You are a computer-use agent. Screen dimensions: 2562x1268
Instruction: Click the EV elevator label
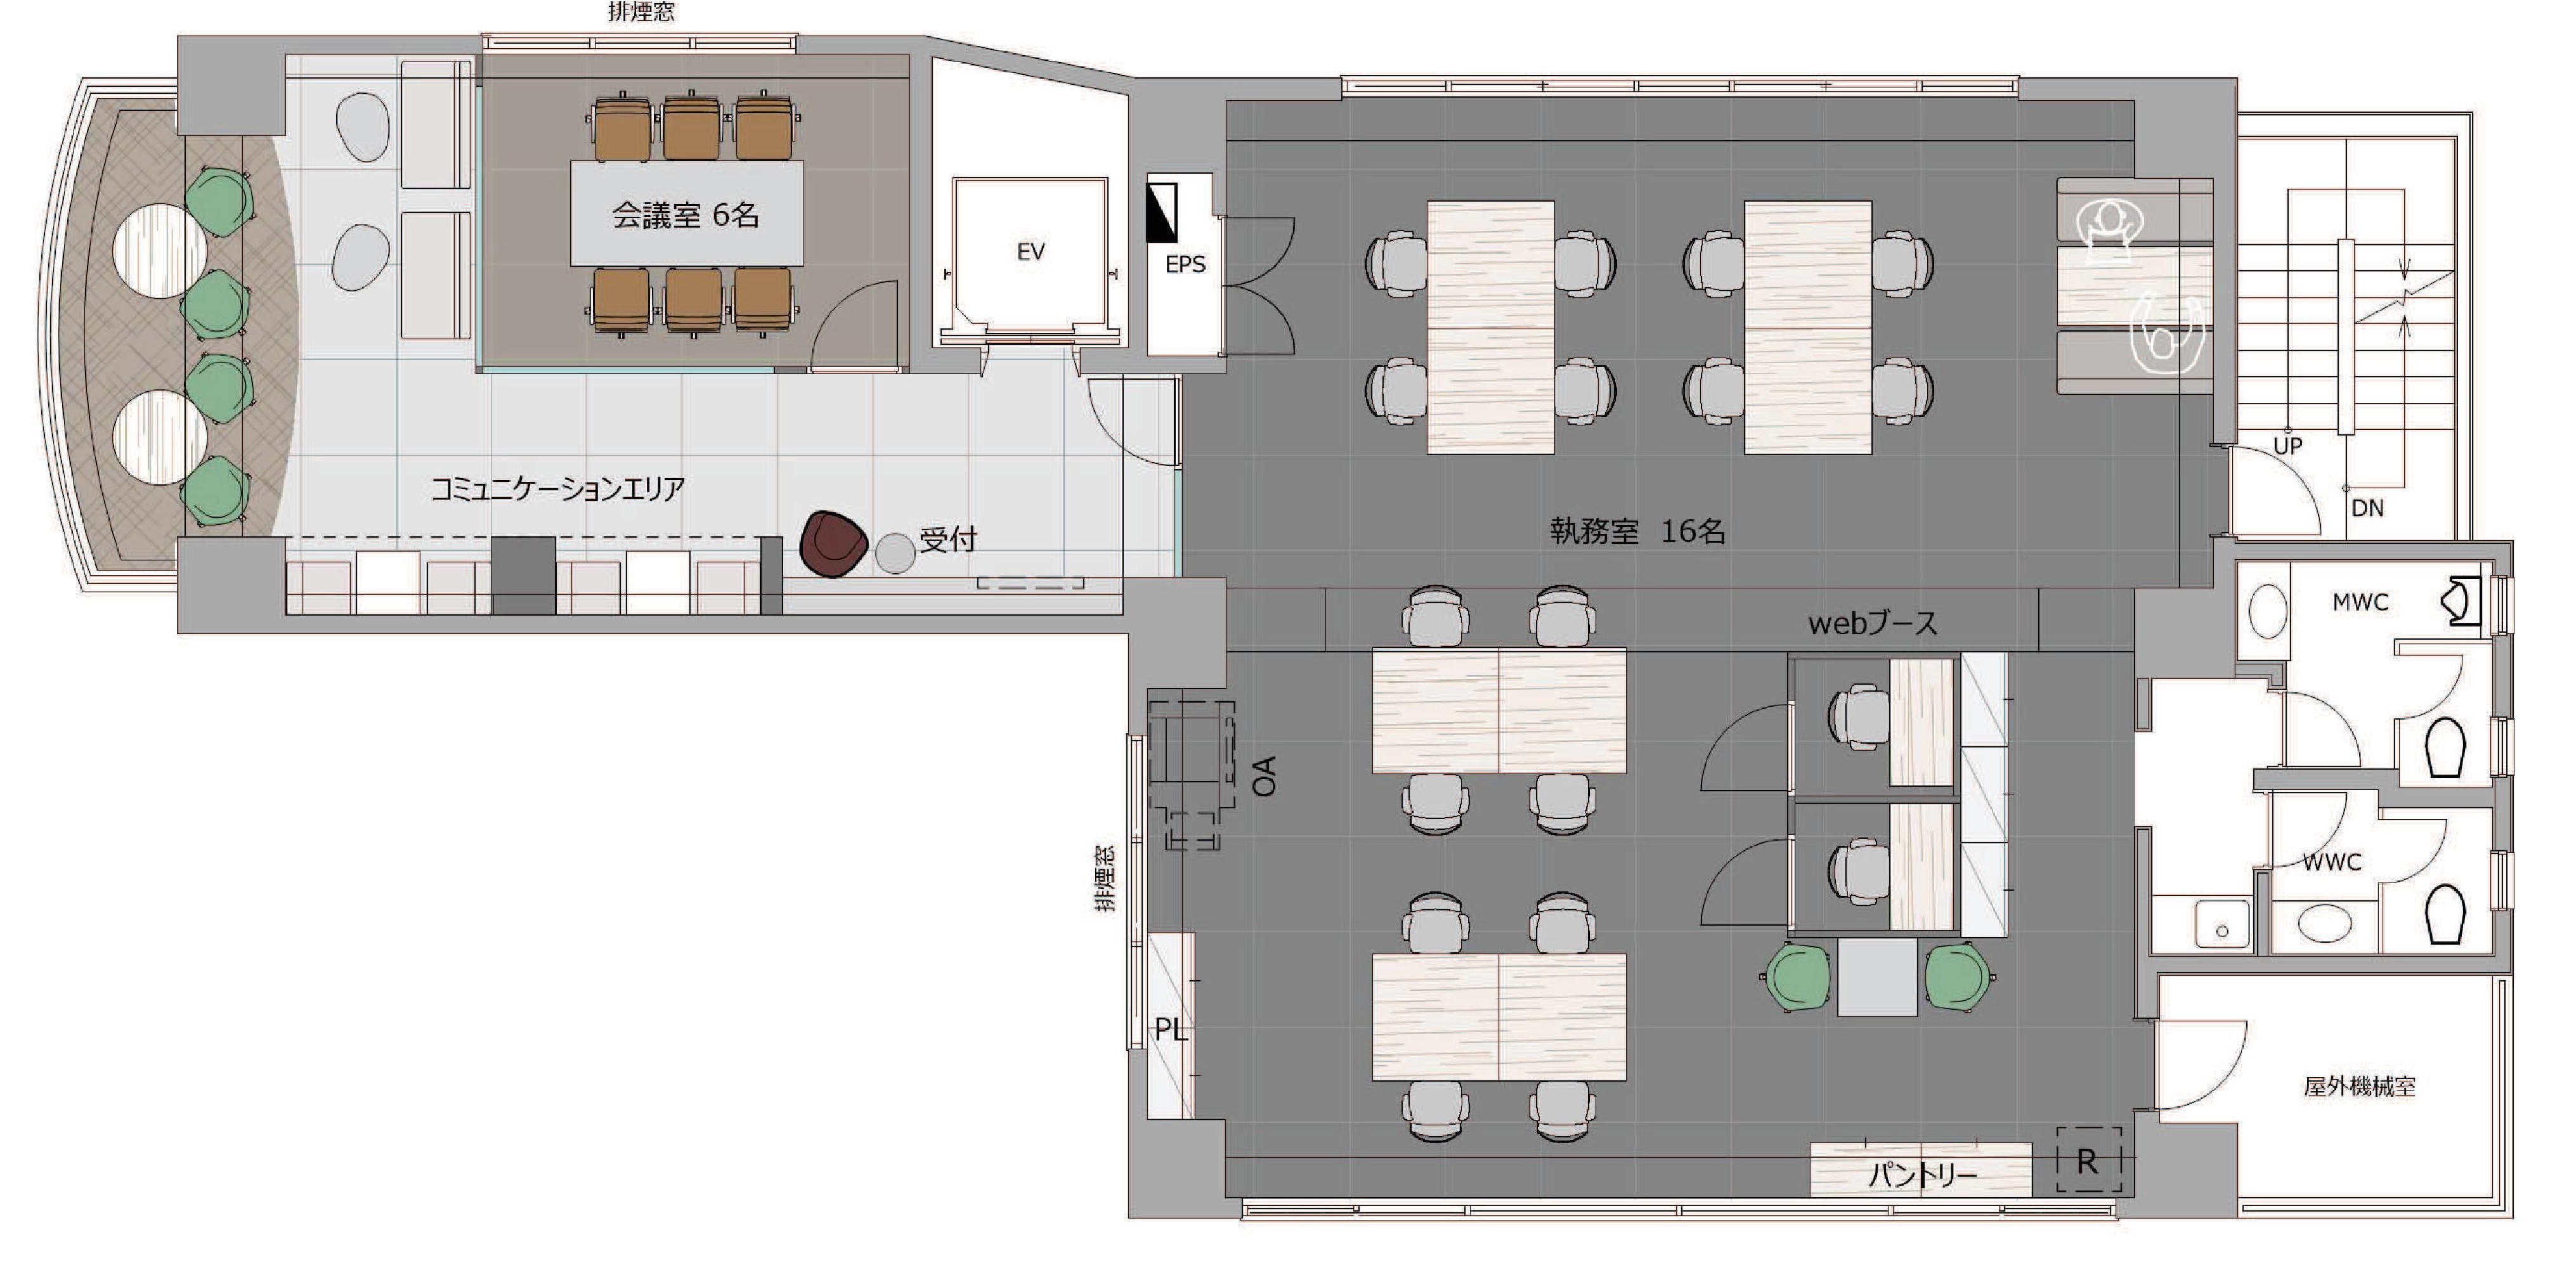point(1031,252)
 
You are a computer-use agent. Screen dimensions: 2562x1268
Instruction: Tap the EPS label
point(1185,264)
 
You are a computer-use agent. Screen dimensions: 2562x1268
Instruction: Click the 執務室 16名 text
point(1637,531)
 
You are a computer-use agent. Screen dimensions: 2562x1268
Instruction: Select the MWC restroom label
point(2360,602)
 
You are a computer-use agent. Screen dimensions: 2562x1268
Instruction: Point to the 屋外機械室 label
point(2359,1086)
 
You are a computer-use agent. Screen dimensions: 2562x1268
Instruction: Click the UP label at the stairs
point(2287,446)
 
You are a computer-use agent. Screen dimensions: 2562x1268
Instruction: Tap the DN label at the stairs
point(2367,508)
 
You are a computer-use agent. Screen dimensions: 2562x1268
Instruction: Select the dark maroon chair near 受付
point(833,544)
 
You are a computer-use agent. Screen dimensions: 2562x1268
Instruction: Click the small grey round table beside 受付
point(895,553)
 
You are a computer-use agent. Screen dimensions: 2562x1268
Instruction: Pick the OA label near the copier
point(1263,776)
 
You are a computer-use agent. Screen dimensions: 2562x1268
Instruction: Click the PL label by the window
point(1171,1030)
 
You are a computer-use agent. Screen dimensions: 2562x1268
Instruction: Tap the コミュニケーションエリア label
point(557,488)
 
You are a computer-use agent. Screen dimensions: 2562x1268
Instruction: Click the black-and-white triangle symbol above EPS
point(1162,212)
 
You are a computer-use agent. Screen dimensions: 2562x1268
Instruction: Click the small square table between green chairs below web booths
point(1876,976)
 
